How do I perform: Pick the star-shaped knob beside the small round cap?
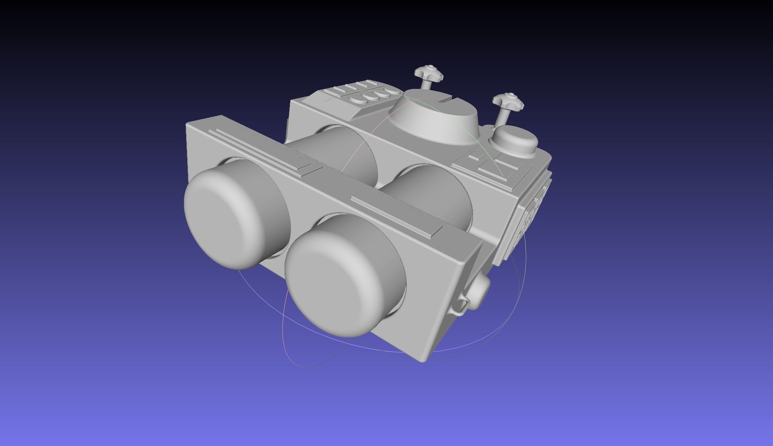(507, 101)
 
